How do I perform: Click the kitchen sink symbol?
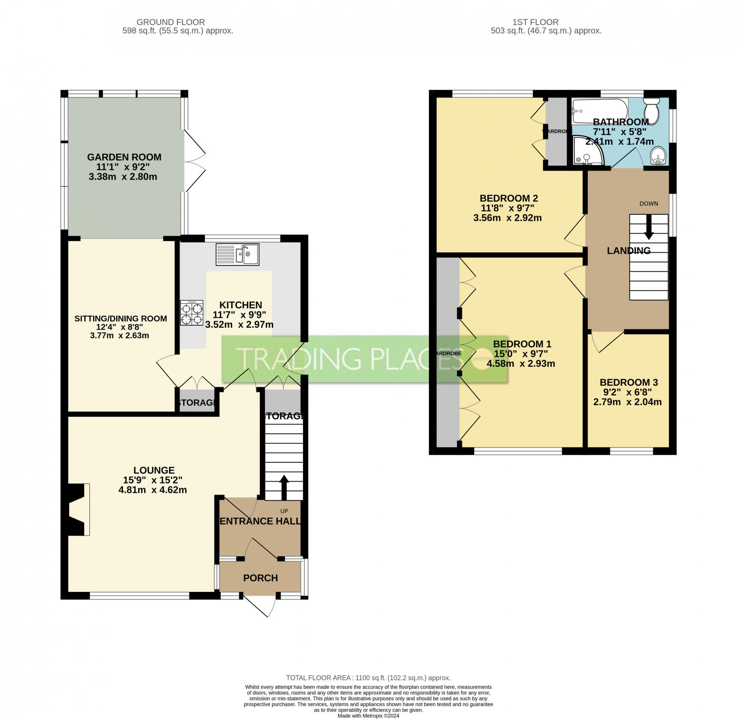pyautogui.click(x=237, y=254)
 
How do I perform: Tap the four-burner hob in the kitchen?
pyautogui.click(x=192, y=313)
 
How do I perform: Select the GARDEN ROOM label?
pyautogui.click(x=124, y=157)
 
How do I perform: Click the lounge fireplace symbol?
pyautogui.click(x=77, y=509)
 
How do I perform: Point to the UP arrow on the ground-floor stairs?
pyautogui.click(x=284, y=486)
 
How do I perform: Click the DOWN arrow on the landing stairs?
pyautogui.click(x=649, y=229)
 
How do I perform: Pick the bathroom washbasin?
pyautogui.click(x=659, y=156)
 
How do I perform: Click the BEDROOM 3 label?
pyautogui.click(x=628, y=382)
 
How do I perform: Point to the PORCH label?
pyautogui.click(x=260, y=578)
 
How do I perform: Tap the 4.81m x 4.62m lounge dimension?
pyautogui.click(x=152, y=490)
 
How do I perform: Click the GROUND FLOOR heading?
pyautogui.click(x=170, y=22)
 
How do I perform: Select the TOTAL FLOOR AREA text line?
pyautogui.click(x=368, y=678)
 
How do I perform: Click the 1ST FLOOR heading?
pyautogui.click(x=535, y=22)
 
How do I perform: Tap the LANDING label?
pyautogui.click(x=628, y=251)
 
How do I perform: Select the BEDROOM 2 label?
pyautogui.click(x=509, y=198)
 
